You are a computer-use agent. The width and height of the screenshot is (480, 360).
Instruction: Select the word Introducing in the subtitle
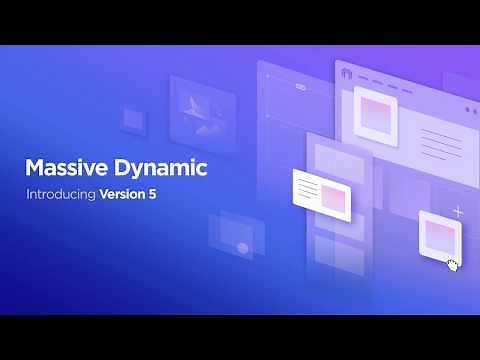coord(60,194)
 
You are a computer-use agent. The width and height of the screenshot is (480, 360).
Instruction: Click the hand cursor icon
coord(453,265)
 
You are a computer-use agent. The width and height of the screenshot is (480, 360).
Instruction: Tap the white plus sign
coord(458,212)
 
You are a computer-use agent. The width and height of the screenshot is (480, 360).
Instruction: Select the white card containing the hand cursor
coord(439,238)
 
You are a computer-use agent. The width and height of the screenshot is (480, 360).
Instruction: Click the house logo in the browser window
coord(347,74)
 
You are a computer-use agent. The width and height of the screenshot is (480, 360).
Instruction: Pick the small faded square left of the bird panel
coord(133,120)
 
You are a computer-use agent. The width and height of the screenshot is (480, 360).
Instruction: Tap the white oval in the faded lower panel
coord(240,247)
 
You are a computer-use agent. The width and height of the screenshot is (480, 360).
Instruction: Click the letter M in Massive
coord(33,168)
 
